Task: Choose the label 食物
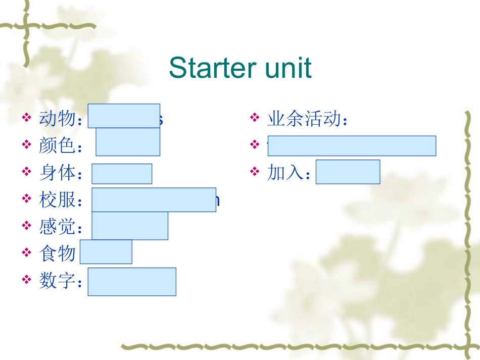57,253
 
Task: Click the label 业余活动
303,119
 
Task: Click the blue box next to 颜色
128,142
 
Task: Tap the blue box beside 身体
122,174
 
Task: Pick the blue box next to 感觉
130,226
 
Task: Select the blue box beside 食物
106,251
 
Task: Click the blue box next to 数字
132,281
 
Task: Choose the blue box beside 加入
348,172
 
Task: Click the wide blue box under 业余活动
352,145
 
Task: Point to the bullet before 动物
26,119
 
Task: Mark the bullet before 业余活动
255,119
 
